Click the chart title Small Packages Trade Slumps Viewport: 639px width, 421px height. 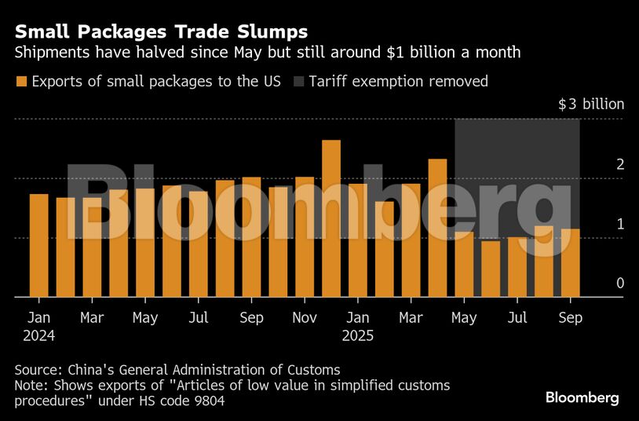(161, 32)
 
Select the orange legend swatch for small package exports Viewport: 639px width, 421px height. (20, 81)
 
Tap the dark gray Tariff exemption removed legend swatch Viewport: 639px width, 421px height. (298, 81)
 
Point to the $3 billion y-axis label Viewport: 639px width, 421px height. (591, 104)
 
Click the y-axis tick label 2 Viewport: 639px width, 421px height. (598, 164)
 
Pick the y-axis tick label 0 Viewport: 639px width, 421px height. (598, 283)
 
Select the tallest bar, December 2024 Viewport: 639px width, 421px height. (331, 218)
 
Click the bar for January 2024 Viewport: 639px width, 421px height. (38, 245)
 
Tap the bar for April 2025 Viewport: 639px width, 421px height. (437, 228)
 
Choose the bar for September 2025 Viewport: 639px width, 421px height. (571, 263)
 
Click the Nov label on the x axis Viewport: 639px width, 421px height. (305, 318)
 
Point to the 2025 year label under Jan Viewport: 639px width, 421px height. (358, 335)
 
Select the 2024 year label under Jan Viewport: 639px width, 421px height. (38, 335)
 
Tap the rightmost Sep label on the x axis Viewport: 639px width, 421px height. (571, 318)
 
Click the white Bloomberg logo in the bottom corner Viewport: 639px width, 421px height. (582, 397)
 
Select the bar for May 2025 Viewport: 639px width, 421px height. (464, 264)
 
